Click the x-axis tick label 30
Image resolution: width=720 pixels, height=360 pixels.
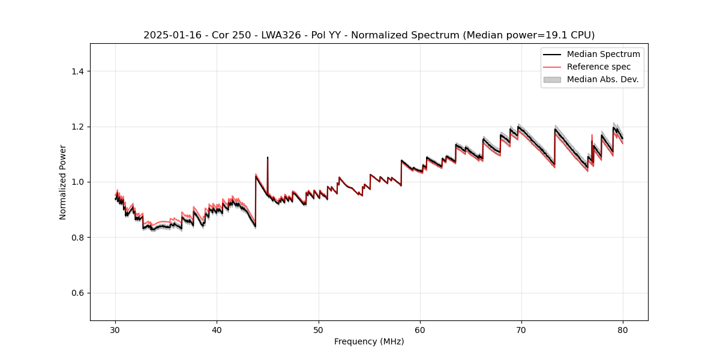click(116, 330)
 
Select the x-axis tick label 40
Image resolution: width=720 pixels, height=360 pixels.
click(217, 330)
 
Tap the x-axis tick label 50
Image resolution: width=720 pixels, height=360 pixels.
click(319, 330)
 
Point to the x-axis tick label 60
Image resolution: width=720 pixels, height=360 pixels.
click(420, 330)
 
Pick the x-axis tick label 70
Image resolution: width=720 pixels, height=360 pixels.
click(521, 330)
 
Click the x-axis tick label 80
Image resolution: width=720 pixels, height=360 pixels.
click(623, 330)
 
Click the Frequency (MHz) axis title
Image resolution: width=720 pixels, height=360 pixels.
click(369, 341)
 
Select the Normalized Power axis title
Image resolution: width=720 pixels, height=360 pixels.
click(63, 182)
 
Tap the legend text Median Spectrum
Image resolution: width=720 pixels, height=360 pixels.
click(603, 54)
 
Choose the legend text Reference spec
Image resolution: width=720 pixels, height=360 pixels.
click(599, 67)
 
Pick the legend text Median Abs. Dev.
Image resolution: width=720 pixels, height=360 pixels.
click(602, 79)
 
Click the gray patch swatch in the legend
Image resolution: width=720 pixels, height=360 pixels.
click(552, 79)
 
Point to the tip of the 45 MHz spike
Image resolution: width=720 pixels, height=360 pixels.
click(268, 157)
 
